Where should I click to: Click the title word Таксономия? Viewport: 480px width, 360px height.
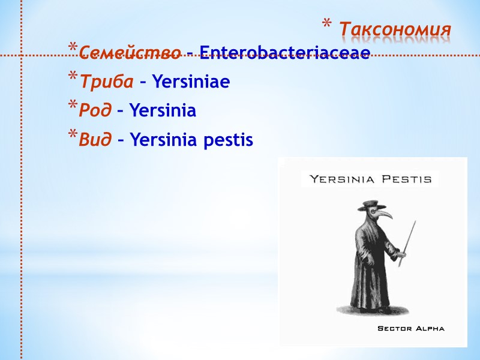(x=395, y=29)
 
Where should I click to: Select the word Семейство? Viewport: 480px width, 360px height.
(x=130, y=53)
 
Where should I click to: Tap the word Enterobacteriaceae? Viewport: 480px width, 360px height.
(x=284, y=53)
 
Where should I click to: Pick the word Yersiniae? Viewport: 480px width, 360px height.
(x=191, y=82)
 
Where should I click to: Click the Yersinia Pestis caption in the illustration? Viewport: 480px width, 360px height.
(x=370, y=179)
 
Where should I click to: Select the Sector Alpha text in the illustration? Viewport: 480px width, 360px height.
(x=410, y=329)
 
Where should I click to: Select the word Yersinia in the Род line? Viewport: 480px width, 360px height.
(x=163, y=111)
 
